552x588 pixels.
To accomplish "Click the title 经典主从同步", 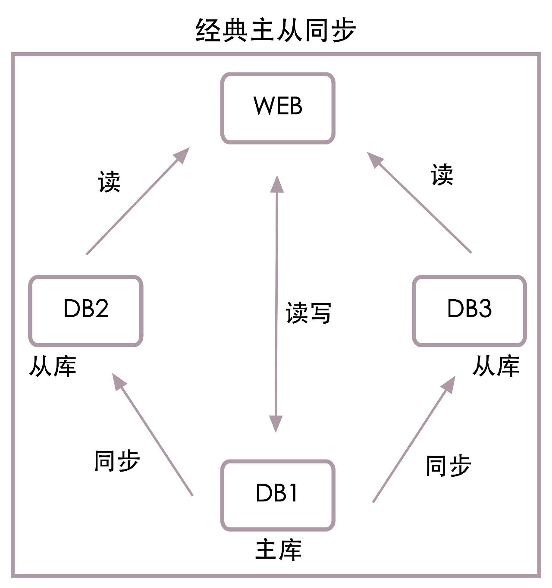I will click(276, 30).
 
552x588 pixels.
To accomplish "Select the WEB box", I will click(278, 108).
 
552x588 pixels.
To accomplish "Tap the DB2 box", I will click(86, 311).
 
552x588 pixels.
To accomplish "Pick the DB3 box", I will click(469, 311).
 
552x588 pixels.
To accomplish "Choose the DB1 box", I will click(278, 495).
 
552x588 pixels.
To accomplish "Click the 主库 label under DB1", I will click(278, 550).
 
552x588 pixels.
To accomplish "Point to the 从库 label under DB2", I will click(53, 367).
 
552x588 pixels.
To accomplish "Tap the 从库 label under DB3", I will click(496, 366).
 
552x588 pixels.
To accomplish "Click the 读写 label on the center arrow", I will click(308, 313).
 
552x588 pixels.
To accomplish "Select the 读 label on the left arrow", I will click(109, 181).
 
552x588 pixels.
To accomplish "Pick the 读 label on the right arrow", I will click(442, 175).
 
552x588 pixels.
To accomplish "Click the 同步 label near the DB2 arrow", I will click(117, 460).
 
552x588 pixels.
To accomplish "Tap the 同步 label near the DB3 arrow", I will click(448, 466).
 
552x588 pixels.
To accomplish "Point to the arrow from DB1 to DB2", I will click(153, 435).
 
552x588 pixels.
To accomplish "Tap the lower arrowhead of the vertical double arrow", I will click(276, 424).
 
